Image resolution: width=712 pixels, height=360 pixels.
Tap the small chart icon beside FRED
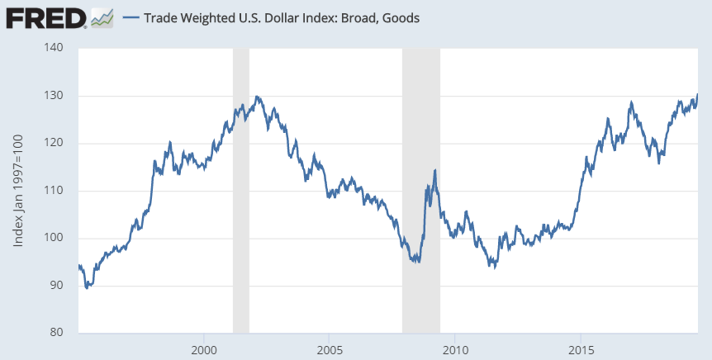pyautogui.click(x=102, y=17)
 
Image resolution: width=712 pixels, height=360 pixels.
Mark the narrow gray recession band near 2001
pyautogui.click(x=240, y=190)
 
